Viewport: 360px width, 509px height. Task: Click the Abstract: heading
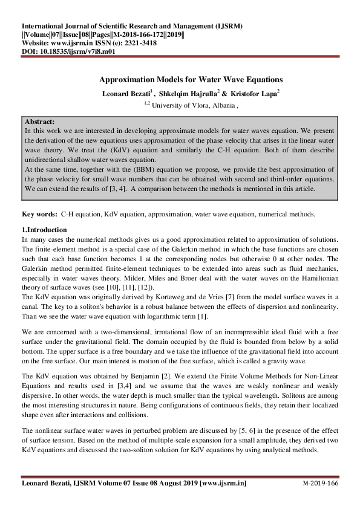tap(41, 122)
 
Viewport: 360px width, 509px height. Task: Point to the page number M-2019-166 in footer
tap(320, 484)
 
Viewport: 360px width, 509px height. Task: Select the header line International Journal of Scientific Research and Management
tap(133, 27)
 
